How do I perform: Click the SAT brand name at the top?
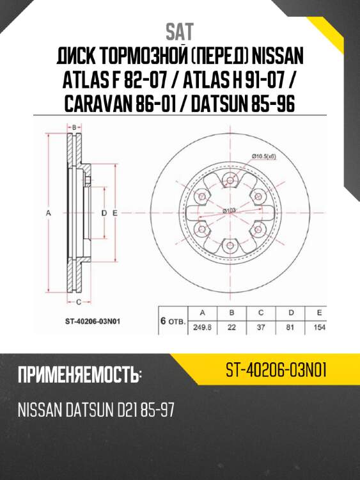(180, 31)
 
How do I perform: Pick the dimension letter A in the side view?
(49, 211)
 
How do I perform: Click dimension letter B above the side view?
(74, 127)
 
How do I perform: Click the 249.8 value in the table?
(203, 327)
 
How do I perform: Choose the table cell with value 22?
(231, 327)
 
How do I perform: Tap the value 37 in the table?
(261, 327)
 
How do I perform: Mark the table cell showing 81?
(290, 327)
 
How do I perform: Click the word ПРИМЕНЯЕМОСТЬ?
(78, 374)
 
